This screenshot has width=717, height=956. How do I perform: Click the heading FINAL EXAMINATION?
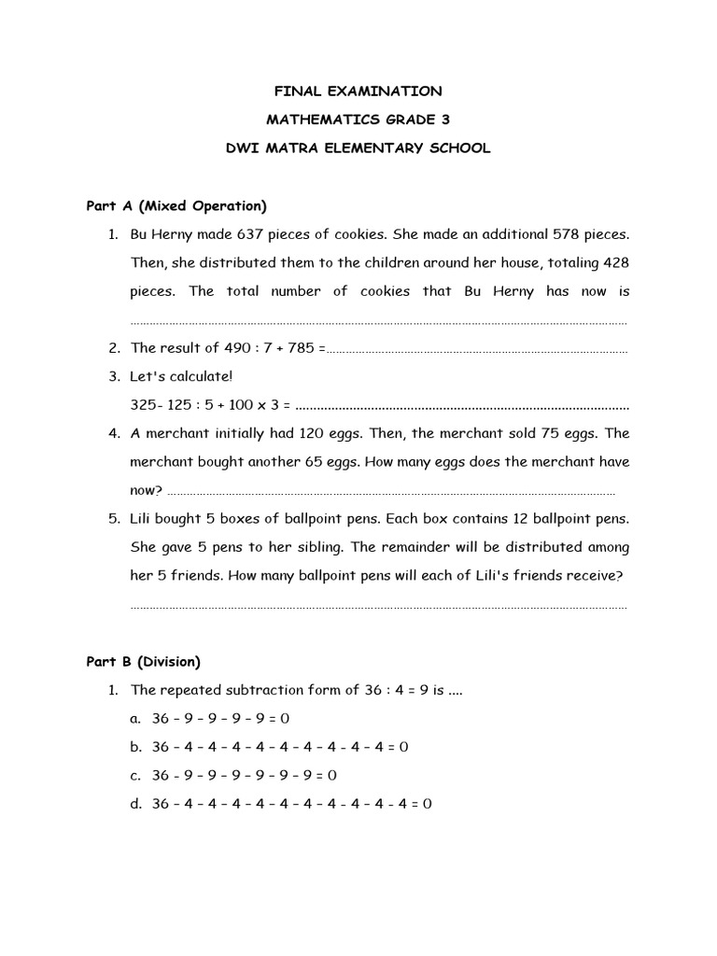pos(358,91)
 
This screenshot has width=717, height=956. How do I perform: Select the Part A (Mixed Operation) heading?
pos(176,205)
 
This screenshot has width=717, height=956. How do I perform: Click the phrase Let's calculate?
pos(182,377)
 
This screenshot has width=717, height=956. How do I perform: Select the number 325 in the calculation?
pos(146,406)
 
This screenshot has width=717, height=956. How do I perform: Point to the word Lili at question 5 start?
pos(144,518)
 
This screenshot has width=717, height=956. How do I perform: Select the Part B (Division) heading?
pos(143,662)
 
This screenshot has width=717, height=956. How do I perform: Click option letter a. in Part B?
pos(135,718)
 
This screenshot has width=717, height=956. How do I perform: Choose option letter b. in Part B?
pos(135,747)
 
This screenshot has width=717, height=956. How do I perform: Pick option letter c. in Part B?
pos(135,775)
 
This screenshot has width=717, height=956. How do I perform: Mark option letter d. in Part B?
pos(135,804)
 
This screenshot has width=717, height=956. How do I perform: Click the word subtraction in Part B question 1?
pos(257,690)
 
